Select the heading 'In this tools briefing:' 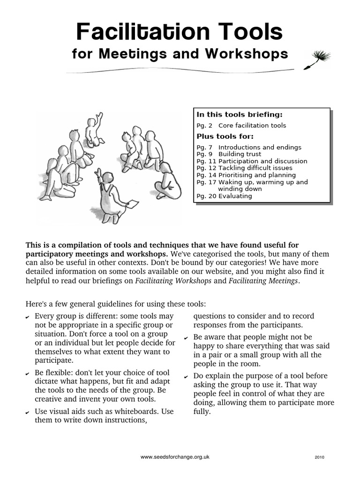[x=240, y=114]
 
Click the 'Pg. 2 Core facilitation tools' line [x=241, y=126]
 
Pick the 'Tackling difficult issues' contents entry [x=255, y=168]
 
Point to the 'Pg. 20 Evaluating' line [x=224, y=196]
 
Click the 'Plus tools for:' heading [x=225, y=136]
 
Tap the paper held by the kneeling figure [x=133, y=203]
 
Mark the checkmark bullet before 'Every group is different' [x=28, y=317]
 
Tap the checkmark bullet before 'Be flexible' [x=28, y=373]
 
